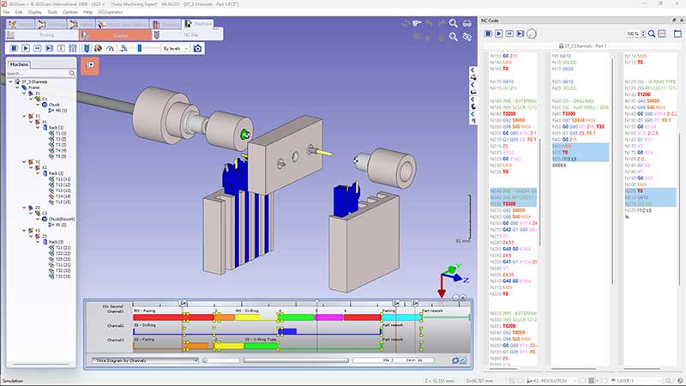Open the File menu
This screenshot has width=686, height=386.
(7, 12)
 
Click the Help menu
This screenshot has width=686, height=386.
(87, 12)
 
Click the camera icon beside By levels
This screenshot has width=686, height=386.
(197, 49)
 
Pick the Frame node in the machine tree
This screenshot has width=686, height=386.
(33, 87)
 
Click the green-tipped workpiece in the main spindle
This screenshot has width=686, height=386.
(247, 134)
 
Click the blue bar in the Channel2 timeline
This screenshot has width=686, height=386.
(286, 330)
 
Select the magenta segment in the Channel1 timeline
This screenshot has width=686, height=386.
(329, 317)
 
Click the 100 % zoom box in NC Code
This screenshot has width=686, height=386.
(635, 33)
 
